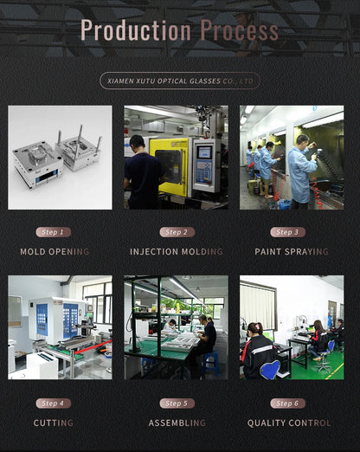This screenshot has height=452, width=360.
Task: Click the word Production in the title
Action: click(x=136, y=30)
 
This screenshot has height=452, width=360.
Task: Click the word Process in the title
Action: click(x=239, y=30)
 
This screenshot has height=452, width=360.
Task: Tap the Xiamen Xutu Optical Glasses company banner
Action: click(x=180, y=81)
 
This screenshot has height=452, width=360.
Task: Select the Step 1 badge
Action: click(x=53, y=232)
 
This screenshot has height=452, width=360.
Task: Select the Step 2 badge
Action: click(x=177, y=232)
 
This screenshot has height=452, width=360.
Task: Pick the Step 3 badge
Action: click(x=287, y=232)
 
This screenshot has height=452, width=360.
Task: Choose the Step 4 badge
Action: click(x=53, y=404)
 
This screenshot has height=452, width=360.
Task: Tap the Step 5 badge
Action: click(x=177, y=404)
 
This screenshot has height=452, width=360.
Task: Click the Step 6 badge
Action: click(x=287, y=404)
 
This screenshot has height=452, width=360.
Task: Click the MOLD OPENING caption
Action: click(x=55, y=252)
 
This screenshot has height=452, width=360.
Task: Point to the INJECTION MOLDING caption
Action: click(x=177, y=252)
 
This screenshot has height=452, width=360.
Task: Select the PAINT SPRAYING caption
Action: click(x=292, y=252)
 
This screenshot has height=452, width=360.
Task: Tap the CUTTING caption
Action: click(x=54, y=423)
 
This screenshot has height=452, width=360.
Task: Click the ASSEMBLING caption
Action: click(x=177, y=423)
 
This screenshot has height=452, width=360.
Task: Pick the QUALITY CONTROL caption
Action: click(x=289, y=423)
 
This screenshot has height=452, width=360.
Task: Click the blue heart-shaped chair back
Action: click(x=270, y=369)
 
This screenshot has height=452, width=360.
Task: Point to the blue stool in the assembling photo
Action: click(x=210, y=363)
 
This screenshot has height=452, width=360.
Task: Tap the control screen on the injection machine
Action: click(x=204, y=152)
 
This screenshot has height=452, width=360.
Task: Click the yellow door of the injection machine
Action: click(x=169, y=166)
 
